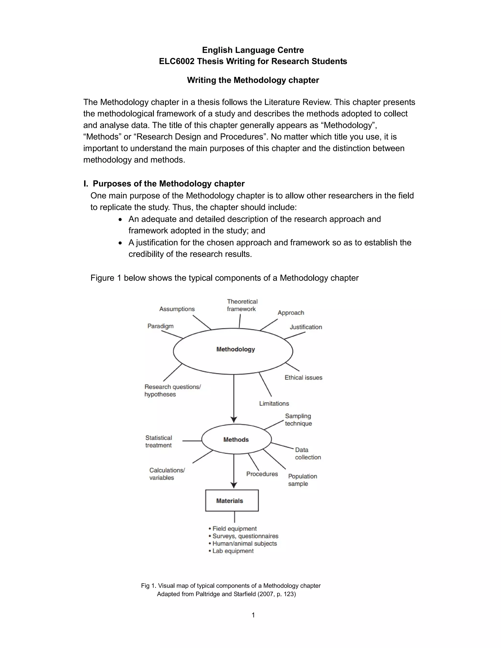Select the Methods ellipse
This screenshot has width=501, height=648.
coord(236,439)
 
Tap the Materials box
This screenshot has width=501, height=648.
coord(232,501)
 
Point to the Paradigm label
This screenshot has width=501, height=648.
coord(160,326)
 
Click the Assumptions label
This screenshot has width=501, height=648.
coord(177,309)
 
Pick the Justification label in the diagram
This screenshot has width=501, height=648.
coord(306,327)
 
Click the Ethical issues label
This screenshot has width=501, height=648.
coord(303,377)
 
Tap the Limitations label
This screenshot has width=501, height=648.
coord(274,403)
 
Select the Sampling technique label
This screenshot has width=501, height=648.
coord(298,420)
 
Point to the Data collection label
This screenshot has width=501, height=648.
coord(308,453)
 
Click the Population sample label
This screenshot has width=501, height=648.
coord(302,480)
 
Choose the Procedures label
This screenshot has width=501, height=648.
coord(262,474)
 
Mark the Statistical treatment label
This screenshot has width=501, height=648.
coord(159,441)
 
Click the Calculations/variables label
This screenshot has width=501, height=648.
coord(167,474)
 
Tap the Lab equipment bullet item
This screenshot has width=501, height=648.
coord(233,551)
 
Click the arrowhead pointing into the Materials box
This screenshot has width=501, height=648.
coord(234,485)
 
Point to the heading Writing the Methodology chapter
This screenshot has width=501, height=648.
coord(253,80)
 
